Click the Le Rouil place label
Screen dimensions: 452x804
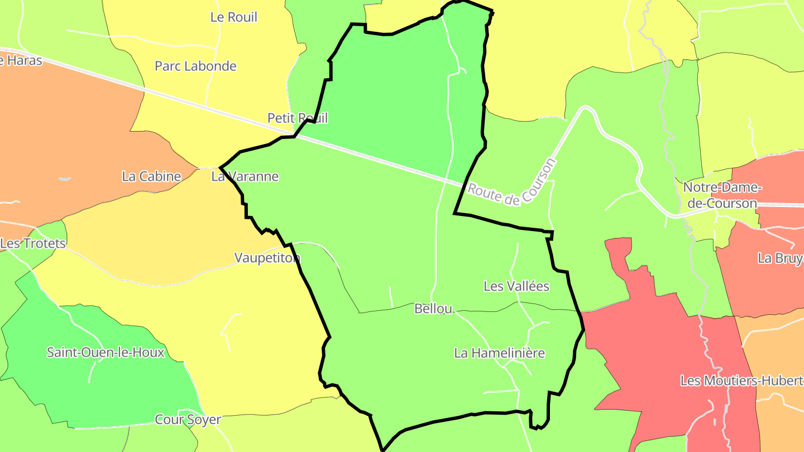234,17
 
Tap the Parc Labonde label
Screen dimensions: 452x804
195,66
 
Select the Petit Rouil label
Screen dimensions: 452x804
298,118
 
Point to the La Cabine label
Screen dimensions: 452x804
151,176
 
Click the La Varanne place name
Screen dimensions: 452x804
245,176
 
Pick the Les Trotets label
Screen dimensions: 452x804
33,243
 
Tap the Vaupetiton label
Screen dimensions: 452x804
267,258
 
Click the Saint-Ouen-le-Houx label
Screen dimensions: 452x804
106,352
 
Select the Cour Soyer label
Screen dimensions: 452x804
188,420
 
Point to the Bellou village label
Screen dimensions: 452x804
433,309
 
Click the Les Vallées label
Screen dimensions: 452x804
516,286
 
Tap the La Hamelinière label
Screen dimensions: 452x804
499,353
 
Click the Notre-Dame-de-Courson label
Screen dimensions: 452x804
722,195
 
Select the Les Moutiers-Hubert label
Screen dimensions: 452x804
741,381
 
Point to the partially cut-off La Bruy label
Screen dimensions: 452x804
780,258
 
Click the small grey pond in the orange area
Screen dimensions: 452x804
65,179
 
